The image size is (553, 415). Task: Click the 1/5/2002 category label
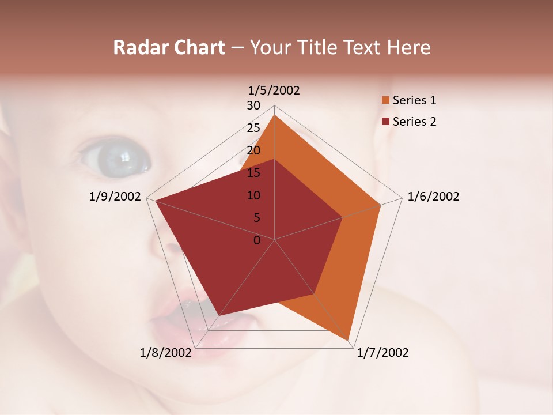point(274,90)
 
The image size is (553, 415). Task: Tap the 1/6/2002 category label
point(433,197)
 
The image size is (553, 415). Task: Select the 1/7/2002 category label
point(382,353)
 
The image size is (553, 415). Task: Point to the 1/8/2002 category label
point(166,353)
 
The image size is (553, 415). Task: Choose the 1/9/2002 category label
point(115,197)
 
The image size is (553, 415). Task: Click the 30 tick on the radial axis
point(253,105)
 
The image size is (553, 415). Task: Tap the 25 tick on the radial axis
point(253,128)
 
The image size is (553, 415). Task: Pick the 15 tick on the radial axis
point(253,173)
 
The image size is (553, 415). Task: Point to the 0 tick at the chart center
point(257,240)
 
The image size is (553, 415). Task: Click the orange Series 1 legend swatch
point(385,100)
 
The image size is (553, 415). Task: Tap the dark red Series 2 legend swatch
point(385,122)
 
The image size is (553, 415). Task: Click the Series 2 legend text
point(414,122)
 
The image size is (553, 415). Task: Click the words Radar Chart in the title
point(169,47)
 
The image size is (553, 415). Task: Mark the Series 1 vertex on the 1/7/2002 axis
point(349,341)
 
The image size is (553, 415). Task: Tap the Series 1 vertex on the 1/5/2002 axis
point(275,115)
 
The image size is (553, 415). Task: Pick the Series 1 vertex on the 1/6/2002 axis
point(381,205)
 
